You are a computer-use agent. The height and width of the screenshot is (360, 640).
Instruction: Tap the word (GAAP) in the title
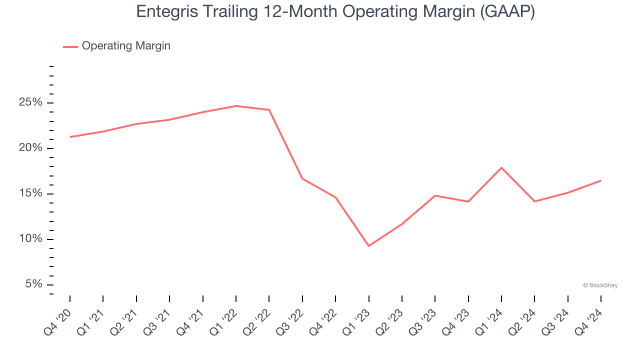coord(507,12)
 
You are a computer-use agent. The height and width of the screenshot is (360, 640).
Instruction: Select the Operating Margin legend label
coord(126,46)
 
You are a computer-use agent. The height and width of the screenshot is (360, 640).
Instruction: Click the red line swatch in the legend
coord(70,46)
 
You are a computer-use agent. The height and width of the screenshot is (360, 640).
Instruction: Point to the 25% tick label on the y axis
coord(30,103)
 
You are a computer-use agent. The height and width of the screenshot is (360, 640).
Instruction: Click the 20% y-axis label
coord(30,148)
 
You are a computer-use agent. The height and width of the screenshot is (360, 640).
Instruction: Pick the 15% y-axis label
coord(30,194)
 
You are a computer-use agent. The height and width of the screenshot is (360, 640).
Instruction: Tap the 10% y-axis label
coord(30,239)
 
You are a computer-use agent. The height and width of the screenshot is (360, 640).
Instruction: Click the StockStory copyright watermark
coord(600,285)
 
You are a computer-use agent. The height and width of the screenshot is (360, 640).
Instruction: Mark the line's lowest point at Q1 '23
coord(368,246)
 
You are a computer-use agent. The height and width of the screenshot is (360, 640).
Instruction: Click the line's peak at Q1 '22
coord(236,106)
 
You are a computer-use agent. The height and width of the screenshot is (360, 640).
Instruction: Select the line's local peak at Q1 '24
coord(501,167)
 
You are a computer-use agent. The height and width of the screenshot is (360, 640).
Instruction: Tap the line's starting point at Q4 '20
coord(70,137)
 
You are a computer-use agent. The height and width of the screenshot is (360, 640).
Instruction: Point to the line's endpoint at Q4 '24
coord(600,180)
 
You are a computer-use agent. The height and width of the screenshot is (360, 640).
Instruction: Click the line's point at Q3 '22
coord(302,178)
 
